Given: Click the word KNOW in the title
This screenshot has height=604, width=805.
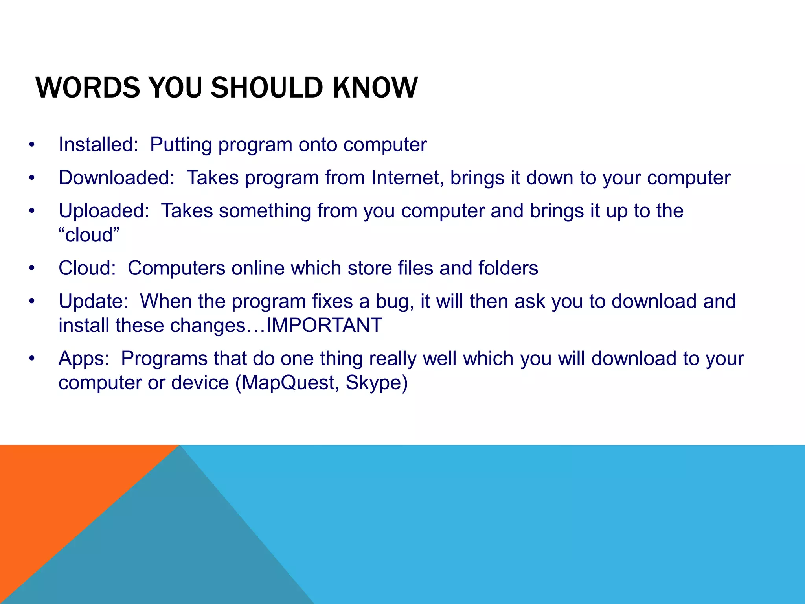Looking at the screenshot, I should [x=375, y=87].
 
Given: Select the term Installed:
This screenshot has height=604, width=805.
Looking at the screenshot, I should [x=98, y=144].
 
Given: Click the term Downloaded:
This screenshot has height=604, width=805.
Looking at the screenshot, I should [x=116, y=177].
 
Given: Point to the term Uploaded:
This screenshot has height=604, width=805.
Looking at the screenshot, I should [x=104, y=211].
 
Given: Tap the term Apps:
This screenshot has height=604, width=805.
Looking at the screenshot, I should [x=84, y=359].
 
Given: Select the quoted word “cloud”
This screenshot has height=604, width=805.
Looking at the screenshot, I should [x=89, y=235].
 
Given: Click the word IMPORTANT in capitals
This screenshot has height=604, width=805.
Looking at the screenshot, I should [x=324, y=326].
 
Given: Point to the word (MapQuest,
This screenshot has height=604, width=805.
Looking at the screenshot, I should [x=287, y=383].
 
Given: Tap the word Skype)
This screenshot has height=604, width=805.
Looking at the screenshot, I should [x=377, y=383].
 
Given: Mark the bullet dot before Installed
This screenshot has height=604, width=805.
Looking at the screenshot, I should [x=32, y=145].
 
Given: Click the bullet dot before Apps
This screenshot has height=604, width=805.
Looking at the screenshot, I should [x=32, y=359].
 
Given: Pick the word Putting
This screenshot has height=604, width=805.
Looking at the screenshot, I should [x=181, y=145].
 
